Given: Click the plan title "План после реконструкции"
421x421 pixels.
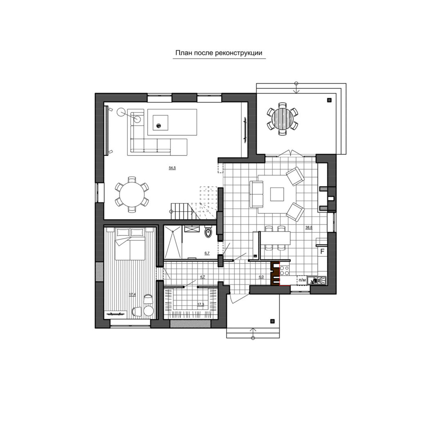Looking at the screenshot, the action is click(219, 53).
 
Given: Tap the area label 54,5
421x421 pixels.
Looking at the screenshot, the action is click(172, 168).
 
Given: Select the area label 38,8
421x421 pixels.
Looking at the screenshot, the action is click(309, 227).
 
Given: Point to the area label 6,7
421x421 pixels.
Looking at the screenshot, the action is click(207, 253).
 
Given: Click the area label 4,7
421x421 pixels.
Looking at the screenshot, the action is click(203, 276).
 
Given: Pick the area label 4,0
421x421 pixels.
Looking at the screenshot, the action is click(261, 277).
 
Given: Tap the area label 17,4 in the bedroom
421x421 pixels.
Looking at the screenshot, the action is click(132, 295).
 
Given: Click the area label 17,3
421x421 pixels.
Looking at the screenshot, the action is click(201, 305).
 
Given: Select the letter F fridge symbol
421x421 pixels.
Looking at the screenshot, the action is click(322, 252).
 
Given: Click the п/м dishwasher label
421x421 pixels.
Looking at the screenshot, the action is click(302, 280).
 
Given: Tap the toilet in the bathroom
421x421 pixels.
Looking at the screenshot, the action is click(208, 232).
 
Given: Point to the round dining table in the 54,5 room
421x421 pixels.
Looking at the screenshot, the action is click(132, 194).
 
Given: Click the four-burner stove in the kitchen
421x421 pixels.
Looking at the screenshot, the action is click(284, 270).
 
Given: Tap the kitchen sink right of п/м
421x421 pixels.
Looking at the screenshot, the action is click(317, 280).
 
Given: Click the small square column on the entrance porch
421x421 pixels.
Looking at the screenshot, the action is click(272, 321).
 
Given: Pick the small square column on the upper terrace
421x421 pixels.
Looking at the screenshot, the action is click(329, 101).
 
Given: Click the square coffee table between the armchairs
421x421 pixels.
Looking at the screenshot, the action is click(277, 194).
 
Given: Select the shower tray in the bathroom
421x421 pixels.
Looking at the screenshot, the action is click(172, 242).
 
